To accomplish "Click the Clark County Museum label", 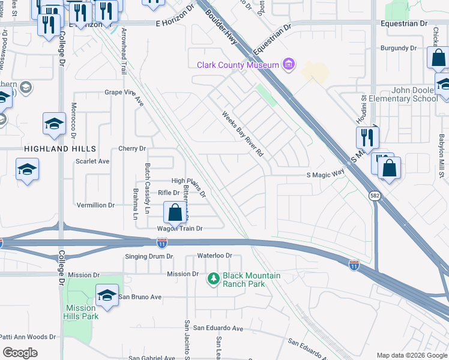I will click(x=238, y=65).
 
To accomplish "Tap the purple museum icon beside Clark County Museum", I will click(x=289, y=64).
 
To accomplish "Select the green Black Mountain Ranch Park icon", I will click(x=212, y=279).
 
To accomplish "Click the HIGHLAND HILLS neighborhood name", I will click(x=59, y=148).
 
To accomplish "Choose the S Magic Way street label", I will click(x=325, y=175).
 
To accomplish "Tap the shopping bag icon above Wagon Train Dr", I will click(x=175, y=212).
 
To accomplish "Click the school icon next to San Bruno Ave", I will click(x=107, y=296).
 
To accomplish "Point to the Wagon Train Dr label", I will click(x=180, y=229).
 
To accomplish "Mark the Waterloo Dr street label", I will click(x=214, y=256).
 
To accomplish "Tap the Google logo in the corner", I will click(x=19, y=353).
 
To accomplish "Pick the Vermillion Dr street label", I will click(x=95, y=205).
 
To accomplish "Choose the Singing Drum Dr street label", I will click(x=149, y=256).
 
